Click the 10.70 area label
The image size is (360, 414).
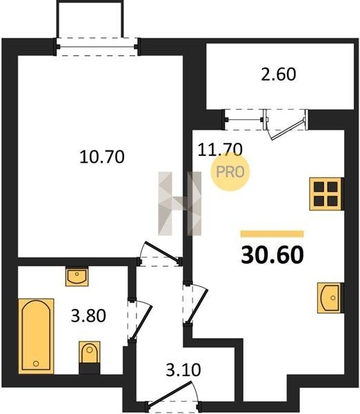(x=102, y=157)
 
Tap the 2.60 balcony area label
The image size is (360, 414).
(x=279, y=75)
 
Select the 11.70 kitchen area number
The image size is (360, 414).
(x=220, y=150)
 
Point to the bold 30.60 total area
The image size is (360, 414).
(x=272, y=255)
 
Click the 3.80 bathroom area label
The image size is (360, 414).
(x=88, y=316)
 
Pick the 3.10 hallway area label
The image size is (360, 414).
(x=183, y=370)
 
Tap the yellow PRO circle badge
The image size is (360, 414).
(x=230, y=172)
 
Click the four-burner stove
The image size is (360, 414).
(x=327, y=194)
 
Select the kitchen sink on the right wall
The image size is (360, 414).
(x=330, y=298)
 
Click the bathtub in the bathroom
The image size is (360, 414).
(x=36, y=336)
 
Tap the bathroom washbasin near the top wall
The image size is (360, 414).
(x=77, y=276)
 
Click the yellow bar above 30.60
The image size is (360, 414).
(x=272, y=234)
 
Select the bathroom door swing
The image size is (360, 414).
(x=140, y=320)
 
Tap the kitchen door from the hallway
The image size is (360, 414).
(x=196, y=304)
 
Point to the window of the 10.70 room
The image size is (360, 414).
(x=97, y=47)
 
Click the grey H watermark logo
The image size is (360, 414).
(x=180, y=204)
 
